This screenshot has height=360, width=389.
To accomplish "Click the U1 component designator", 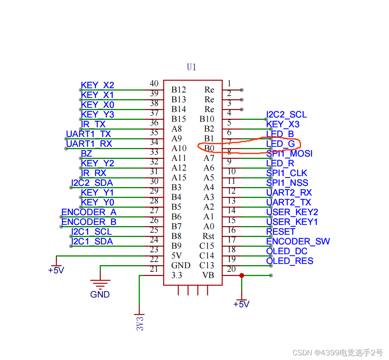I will (x=191, y=67).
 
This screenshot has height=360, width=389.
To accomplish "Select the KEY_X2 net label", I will (x=98, y=85).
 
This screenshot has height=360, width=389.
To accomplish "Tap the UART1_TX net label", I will (x=89, y=134).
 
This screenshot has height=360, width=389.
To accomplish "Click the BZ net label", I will (x=86, y=153).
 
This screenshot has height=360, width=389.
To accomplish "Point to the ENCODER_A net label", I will (x=89, y=212).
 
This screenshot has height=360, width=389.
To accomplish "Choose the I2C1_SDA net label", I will (x=92, y=241).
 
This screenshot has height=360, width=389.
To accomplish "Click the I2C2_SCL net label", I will (x=286, y=114).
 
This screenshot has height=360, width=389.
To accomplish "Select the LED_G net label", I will (x=280, y=144).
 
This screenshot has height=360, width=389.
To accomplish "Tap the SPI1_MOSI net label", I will (x=289, y=153).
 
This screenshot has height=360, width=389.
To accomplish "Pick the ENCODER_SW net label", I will (x=298, y=241).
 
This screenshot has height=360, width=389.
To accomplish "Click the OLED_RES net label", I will (x=290, y=261).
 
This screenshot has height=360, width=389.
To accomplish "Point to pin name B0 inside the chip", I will (x=209, y=148).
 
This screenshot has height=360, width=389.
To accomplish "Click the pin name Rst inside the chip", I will (x=208, y=236).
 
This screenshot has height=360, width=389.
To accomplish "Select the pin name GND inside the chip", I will (x=181, y=266).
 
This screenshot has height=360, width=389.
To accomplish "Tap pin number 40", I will (x=154, y=84).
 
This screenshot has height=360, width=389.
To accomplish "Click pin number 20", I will (x=231, y=269).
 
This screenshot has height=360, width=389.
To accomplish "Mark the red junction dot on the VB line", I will (x=242, y=275).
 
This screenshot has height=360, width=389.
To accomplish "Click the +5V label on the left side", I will (x=56, y=270).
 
